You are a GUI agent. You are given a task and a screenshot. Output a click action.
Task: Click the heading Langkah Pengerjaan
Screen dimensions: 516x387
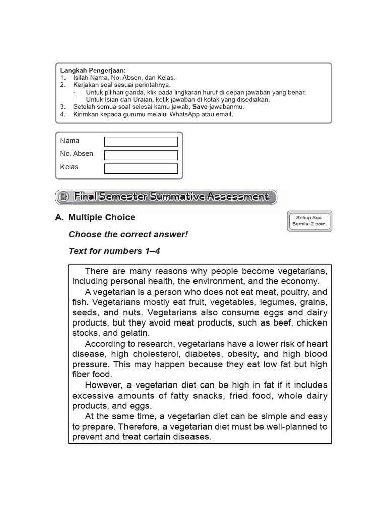[x=93, y=70]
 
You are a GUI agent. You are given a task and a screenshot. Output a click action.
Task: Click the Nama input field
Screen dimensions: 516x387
[x=141, y=142]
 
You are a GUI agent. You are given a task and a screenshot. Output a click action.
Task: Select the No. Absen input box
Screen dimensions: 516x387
[x=141, y=155]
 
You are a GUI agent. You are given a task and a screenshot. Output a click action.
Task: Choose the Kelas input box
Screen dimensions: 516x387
[x=141, y=168]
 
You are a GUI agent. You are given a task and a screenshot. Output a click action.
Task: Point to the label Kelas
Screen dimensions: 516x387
[x=70, y=167]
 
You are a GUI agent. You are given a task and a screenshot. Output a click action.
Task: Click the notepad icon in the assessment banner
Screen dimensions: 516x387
[x=63, y=197]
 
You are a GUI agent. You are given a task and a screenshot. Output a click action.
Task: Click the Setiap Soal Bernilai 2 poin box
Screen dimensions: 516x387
[x=309, y=221]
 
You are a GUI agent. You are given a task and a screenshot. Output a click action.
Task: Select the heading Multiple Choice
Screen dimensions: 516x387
[x=101, y=217]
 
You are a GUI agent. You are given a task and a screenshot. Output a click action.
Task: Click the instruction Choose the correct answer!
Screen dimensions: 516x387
[x=128, y=234]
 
